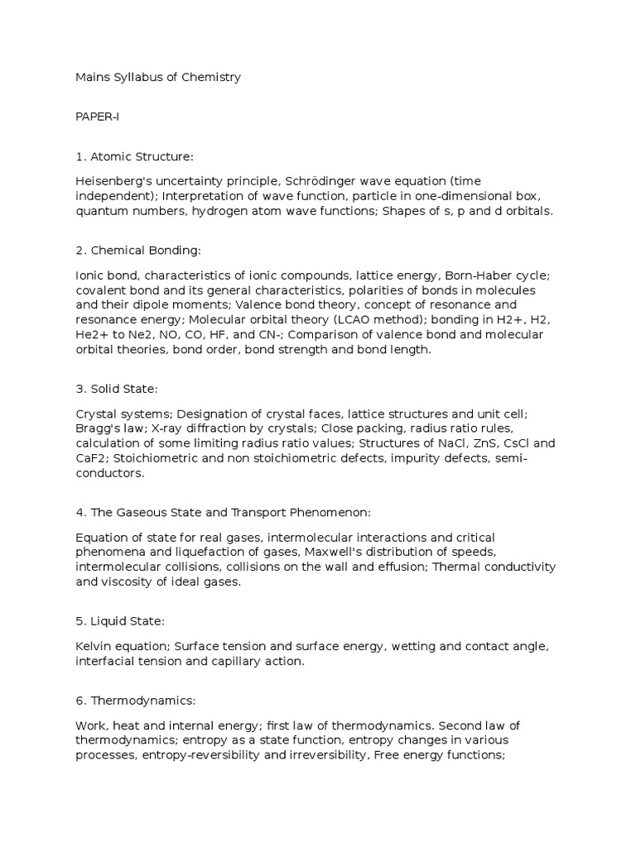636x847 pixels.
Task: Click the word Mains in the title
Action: pos(92,77)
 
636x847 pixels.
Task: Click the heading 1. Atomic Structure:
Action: pos(133,156)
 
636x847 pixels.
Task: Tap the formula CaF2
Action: pos(90,459)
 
